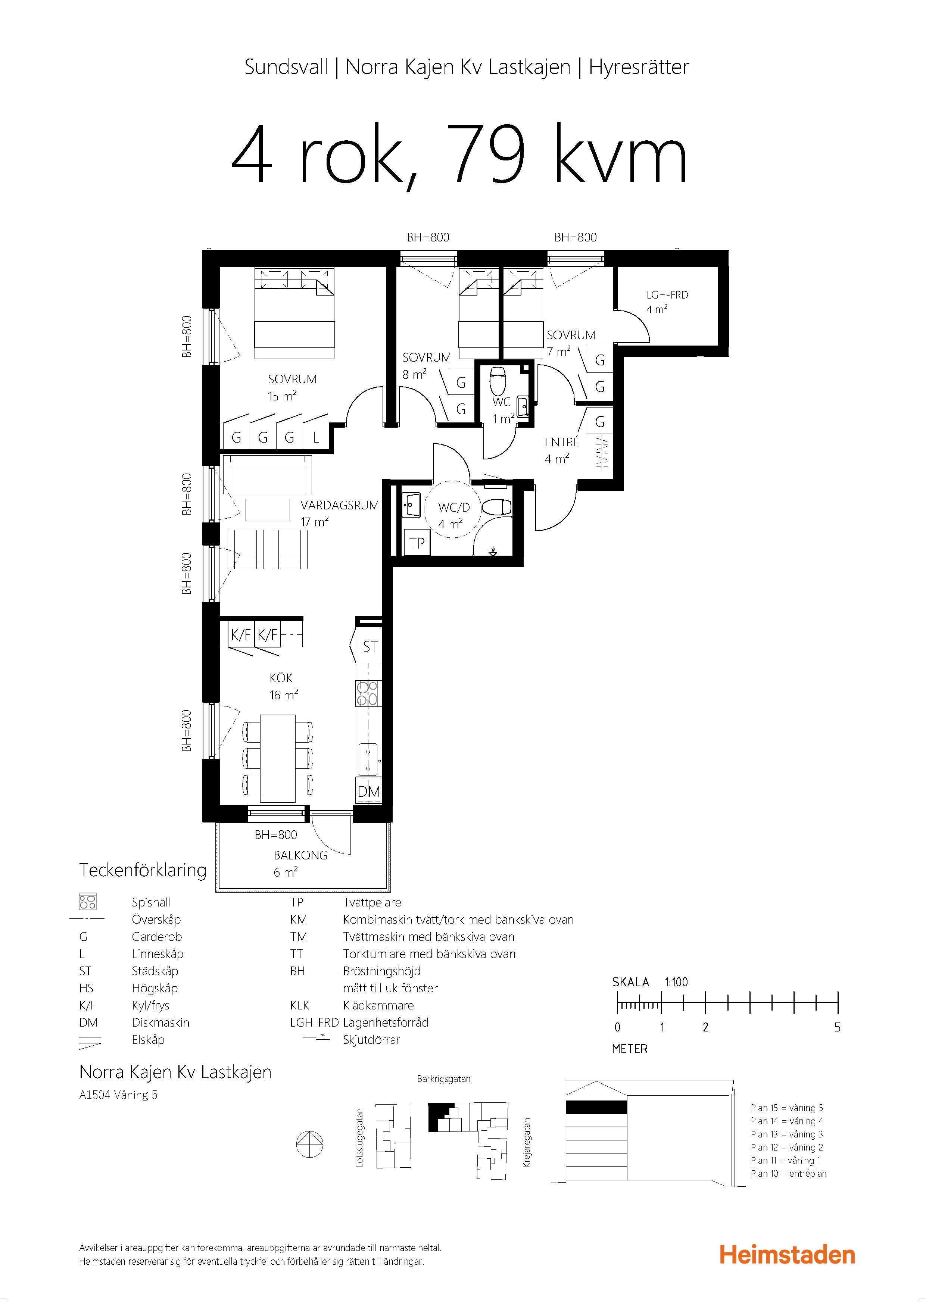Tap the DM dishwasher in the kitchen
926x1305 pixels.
pyautogui.click(x=368, y=792)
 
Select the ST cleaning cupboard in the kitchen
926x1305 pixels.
pyautogui.click(x=370, y=646)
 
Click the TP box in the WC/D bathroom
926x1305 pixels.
pyautogui.click(x=417, y=543)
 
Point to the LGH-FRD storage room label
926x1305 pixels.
pyautogui.click(x=667, y=295)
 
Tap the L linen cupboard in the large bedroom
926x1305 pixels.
pyautogui.click(x=315, y=437)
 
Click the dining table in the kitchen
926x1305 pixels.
pyautogui.click(x=278, y=758)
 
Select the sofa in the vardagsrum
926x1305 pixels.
pyautogui.click(x=267, y=474)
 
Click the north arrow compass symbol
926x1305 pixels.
pyautogui.click(x=310, y=1144)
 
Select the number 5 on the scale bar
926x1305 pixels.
pyautogui.click(x=838, y=1027)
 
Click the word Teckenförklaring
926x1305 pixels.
pyautogui.click(x=143, y=871)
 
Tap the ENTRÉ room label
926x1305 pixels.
pyautogui.click(x=562, y=442)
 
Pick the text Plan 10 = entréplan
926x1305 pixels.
pyautogui.click(x=789, y=1173)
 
